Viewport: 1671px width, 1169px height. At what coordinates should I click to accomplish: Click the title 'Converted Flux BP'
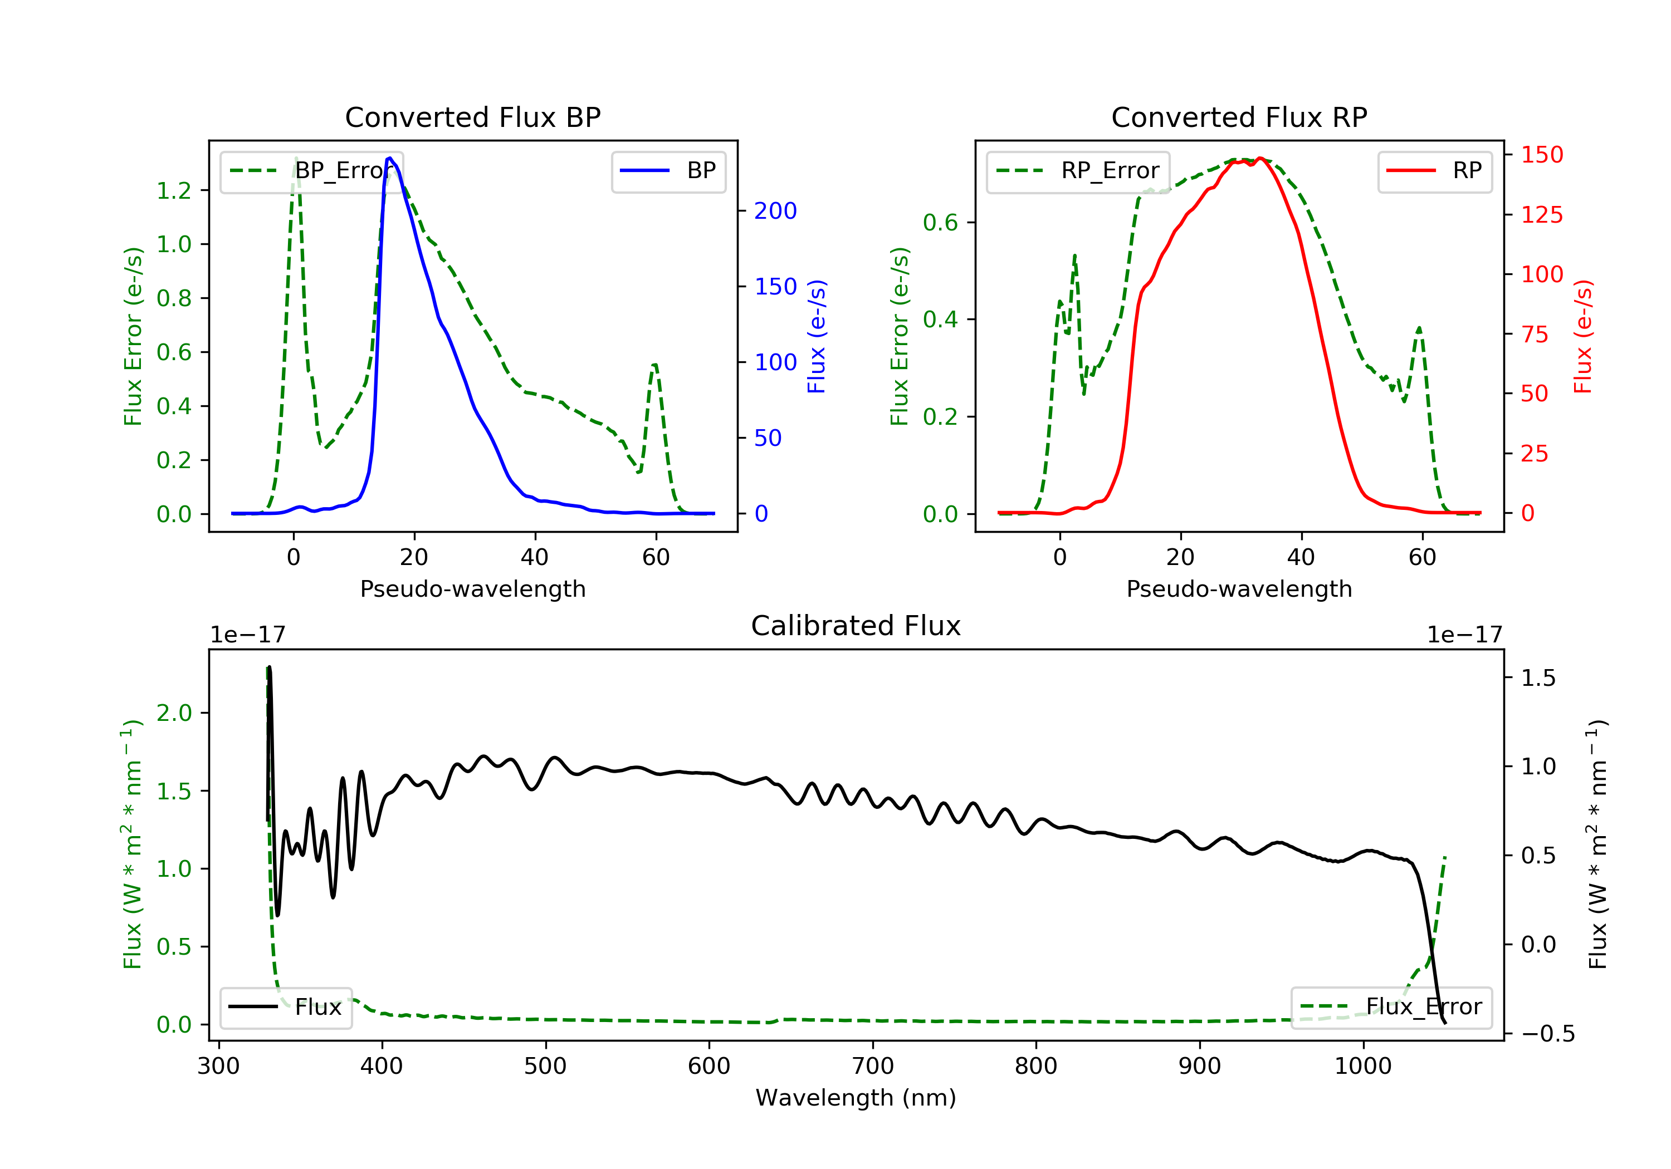[472, 117]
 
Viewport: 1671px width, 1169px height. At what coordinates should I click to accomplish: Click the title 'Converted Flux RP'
[1239, 117]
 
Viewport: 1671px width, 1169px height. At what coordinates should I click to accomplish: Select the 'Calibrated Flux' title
[856, 626]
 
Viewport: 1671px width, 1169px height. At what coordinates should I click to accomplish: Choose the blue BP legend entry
[668, 171]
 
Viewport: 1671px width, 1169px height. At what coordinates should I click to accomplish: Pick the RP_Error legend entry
[1077, 171]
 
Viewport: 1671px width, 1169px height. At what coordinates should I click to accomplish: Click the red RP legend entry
[1434, 171]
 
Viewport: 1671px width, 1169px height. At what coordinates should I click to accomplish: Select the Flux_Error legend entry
[1391, 1007]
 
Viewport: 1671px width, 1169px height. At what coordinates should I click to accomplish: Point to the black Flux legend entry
[285, 1007]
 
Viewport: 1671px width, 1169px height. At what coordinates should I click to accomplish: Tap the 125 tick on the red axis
[1541, 215]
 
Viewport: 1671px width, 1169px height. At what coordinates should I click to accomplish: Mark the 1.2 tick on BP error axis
[174, 190]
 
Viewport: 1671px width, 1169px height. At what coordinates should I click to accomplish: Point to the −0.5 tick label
[1547, 1034]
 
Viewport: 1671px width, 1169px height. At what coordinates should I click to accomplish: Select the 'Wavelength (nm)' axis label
[856, 1098]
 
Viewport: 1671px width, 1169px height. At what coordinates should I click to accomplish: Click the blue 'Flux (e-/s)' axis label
[817, 336]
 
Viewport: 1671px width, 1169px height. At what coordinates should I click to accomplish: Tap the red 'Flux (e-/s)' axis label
[1583, 336]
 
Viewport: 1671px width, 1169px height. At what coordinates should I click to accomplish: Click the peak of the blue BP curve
[390, 158]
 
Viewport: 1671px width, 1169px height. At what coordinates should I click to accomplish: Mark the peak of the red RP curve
[1260, 158]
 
